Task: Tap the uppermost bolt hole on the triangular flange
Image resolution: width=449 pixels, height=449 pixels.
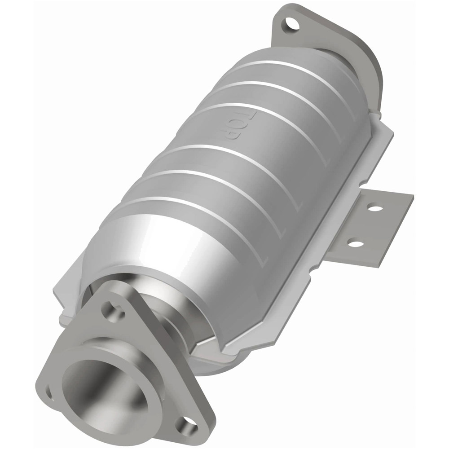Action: click(109, 308)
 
